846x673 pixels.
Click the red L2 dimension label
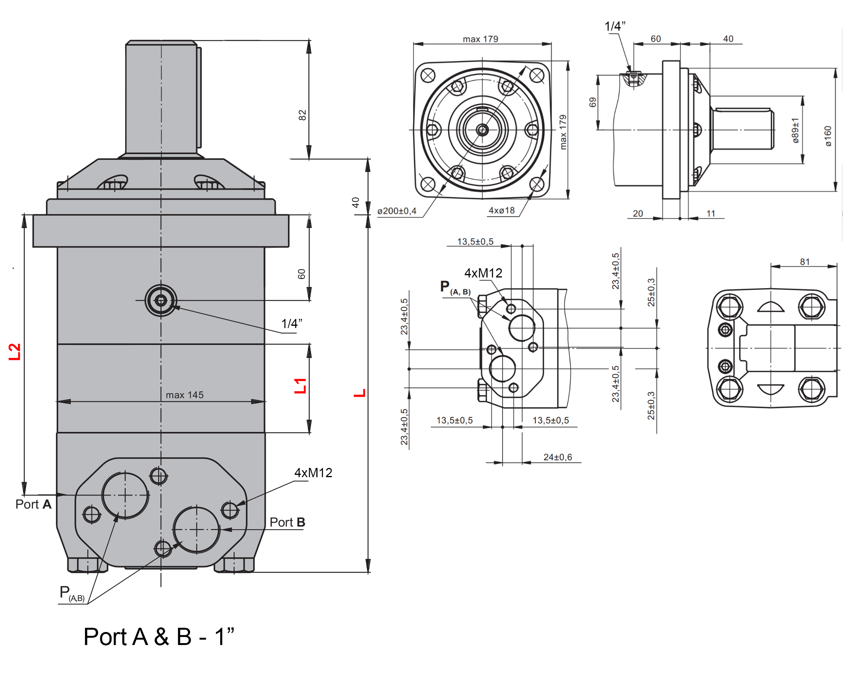click(15, 352)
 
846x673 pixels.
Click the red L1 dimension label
click(301, 386)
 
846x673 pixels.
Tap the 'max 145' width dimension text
click(185, 395)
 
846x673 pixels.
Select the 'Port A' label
click(33, 504)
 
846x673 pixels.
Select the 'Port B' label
click(287, 523)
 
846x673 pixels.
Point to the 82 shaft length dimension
click(302, 115)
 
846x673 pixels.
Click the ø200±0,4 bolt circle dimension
click(397, 211)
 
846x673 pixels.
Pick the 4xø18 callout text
click(501, 210)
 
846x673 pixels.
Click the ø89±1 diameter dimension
click(795, 130)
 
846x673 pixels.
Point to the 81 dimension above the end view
click(805, 262)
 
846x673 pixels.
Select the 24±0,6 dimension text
click(558, 458)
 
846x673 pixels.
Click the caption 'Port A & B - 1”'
click(159, 637)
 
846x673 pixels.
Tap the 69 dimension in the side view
click(592, 102)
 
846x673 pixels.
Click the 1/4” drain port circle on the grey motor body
click(161, 301)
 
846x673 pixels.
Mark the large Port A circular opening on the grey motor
click(125, 496)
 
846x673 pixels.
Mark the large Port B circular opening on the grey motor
click(196, 530)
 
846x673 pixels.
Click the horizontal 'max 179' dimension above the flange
click(480, 39)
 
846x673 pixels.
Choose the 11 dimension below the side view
click(711, 213)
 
